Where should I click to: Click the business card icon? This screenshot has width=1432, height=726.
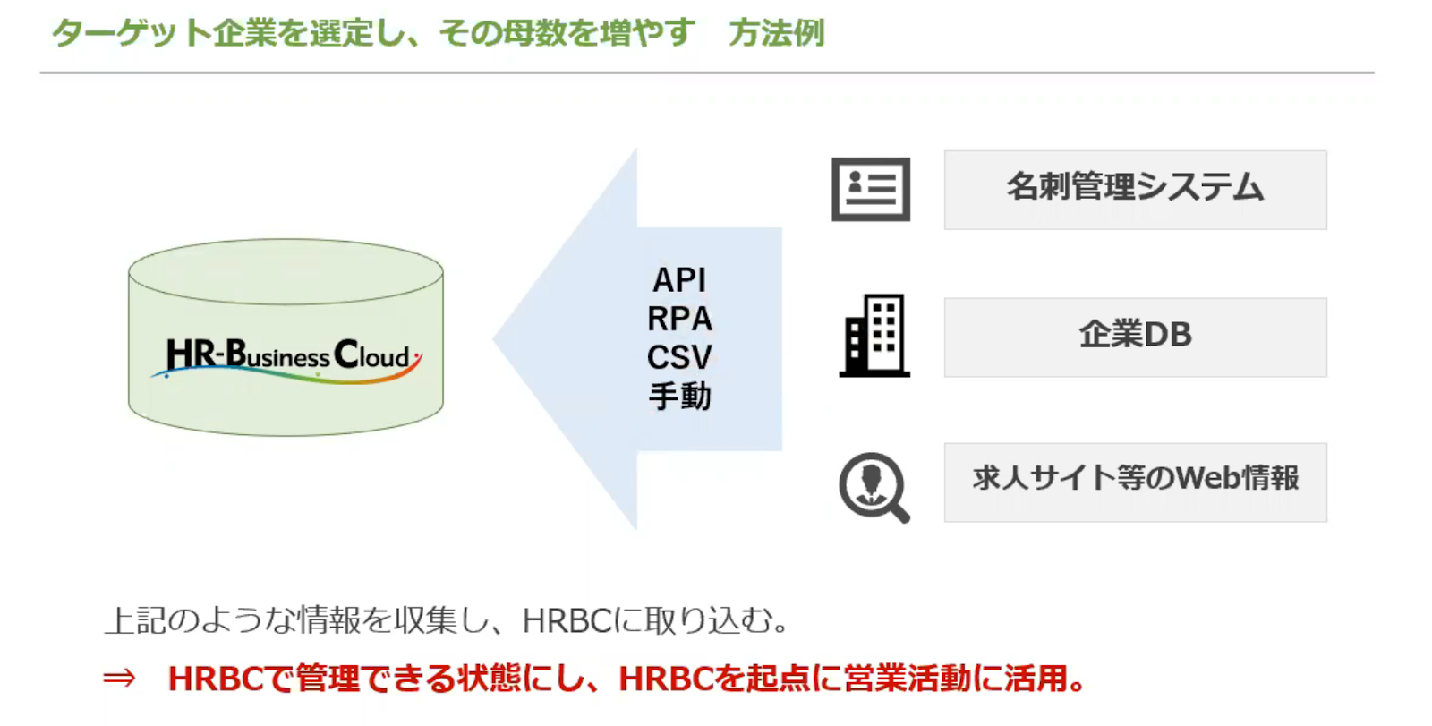(x=871, y=190)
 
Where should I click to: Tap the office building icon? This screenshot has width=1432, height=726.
(x=874, y=335)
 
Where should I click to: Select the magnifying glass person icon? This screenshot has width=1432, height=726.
(x=874, y=487)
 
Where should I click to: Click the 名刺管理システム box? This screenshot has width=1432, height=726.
(x=1136, y=190)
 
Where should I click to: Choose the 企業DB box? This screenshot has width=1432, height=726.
(x=1136, y=337)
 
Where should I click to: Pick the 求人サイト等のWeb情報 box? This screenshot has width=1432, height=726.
(x=1136, y=483)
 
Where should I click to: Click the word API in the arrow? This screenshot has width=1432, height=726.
(x=679, y=280)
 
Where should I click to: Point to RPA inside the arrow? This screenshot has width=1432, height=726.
(x=679, y=319)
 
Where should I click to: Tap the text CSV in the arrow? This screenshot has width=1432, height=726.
(x=679, y=357)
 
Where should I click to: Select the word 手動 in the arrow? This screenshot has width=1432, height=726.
(x=679, y=396)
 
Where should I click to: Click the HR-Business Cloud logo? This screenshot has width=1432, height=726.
(x=286, y=360)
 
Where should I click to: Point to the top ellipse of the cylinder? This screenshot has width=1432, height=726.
(x=286, y=272)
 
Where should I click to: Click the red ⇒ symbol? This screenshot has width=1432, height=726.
(x=120, y=678)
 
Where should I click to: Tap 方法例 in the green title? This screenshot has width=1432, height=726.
(x=777, y=32)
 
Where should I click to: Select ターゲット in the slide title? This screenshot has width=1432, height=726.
(x=132, y=32)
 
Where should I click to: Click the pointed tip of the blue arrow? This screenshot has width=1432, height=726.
(x=493, y=339)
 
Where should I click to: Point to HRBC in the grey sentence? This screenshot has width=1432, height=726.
(x=567, y=620)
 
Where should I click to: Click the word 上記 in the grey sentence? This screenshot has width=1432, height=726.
(x=135, y=620)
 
